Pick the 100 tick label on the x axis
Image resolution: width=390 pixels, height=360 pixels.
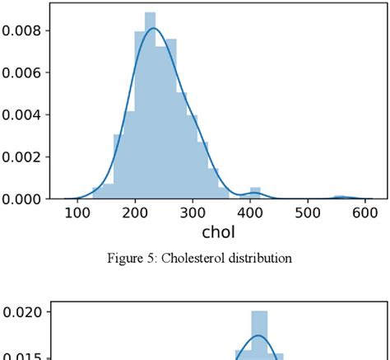77,214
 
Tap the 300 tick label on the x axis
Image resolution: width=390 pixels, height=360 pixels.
247,214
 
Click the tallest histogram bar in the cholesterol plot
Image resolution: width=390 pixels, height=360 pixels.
150,107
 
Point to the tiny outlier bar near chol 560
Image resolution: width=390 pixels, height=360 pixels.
340,197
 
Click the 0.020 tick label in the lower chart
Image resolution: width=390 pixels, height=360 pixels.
21,314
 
